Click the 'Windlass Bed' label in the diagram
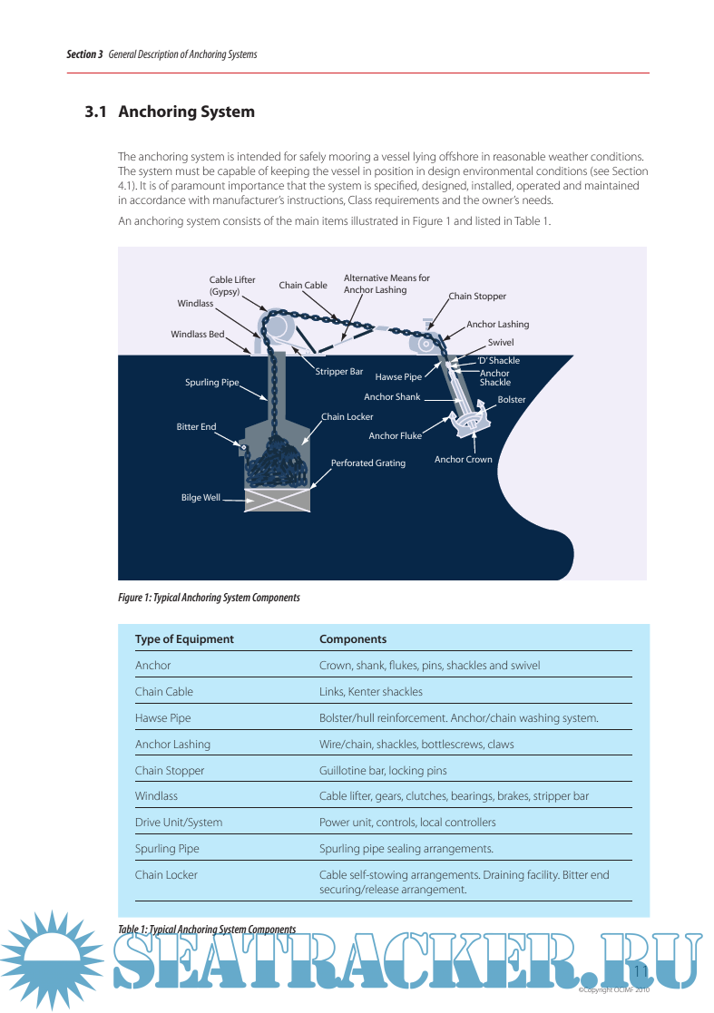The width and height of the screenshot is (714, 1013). tap(197, 335)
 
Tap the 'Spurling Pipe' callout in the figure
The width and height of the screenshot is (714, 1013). tap(211, 383)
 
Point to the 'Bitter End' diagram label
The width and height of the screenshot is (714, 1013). tap(196, 426)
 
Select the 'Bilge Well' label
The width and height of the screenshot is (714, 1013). tap(201, 498)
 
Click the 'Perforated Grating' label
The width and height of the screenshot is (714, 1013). tap(367, 463)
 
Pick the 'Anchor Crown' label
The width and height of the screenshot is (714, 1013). tap(463, 459)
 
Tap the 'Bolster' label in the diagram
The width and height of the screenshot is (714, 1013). tap(511, 399)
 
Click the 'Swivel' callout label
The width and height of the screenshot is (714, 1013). tap(501, 343)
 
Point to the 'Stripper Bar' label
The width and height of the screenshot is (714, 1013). tap(338, 372)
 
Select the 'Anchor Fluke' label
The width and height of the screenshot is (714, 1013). tap(395, 436)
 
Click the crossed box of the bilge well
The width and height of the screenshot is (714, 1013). tap(277, 500)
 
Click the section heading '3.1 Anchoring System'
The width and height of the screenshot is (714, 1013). tap(170, 112)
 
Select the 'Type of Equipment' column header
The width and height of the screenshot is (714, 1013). tap(184, 639)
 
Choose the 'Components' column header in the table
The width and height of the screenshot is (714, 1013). tap(353, 639)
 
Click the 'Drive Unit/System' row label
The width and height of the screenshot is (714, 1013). tap(179, 823)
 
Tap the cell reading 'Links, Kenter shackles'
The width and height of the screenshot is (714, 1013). tap(370, 692)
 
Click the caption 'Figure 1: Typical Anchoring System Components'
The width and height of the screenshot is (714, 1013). tap(209, 598)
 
